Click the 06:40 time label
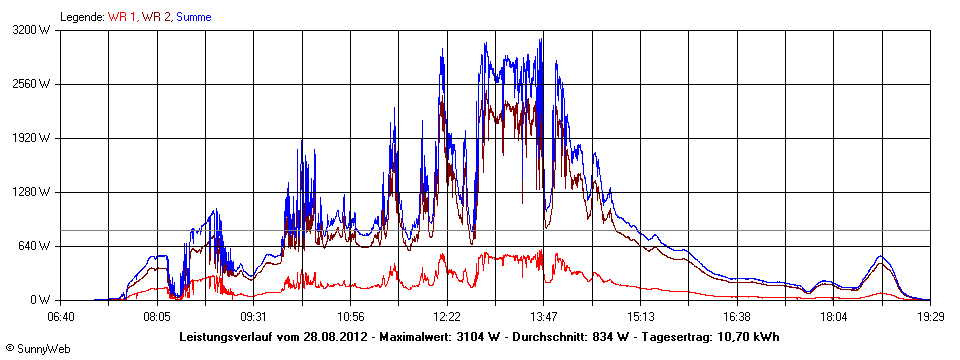point(61,317)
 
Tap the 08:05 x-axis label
point(157,317)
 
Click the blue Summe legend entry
point(193,17)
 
